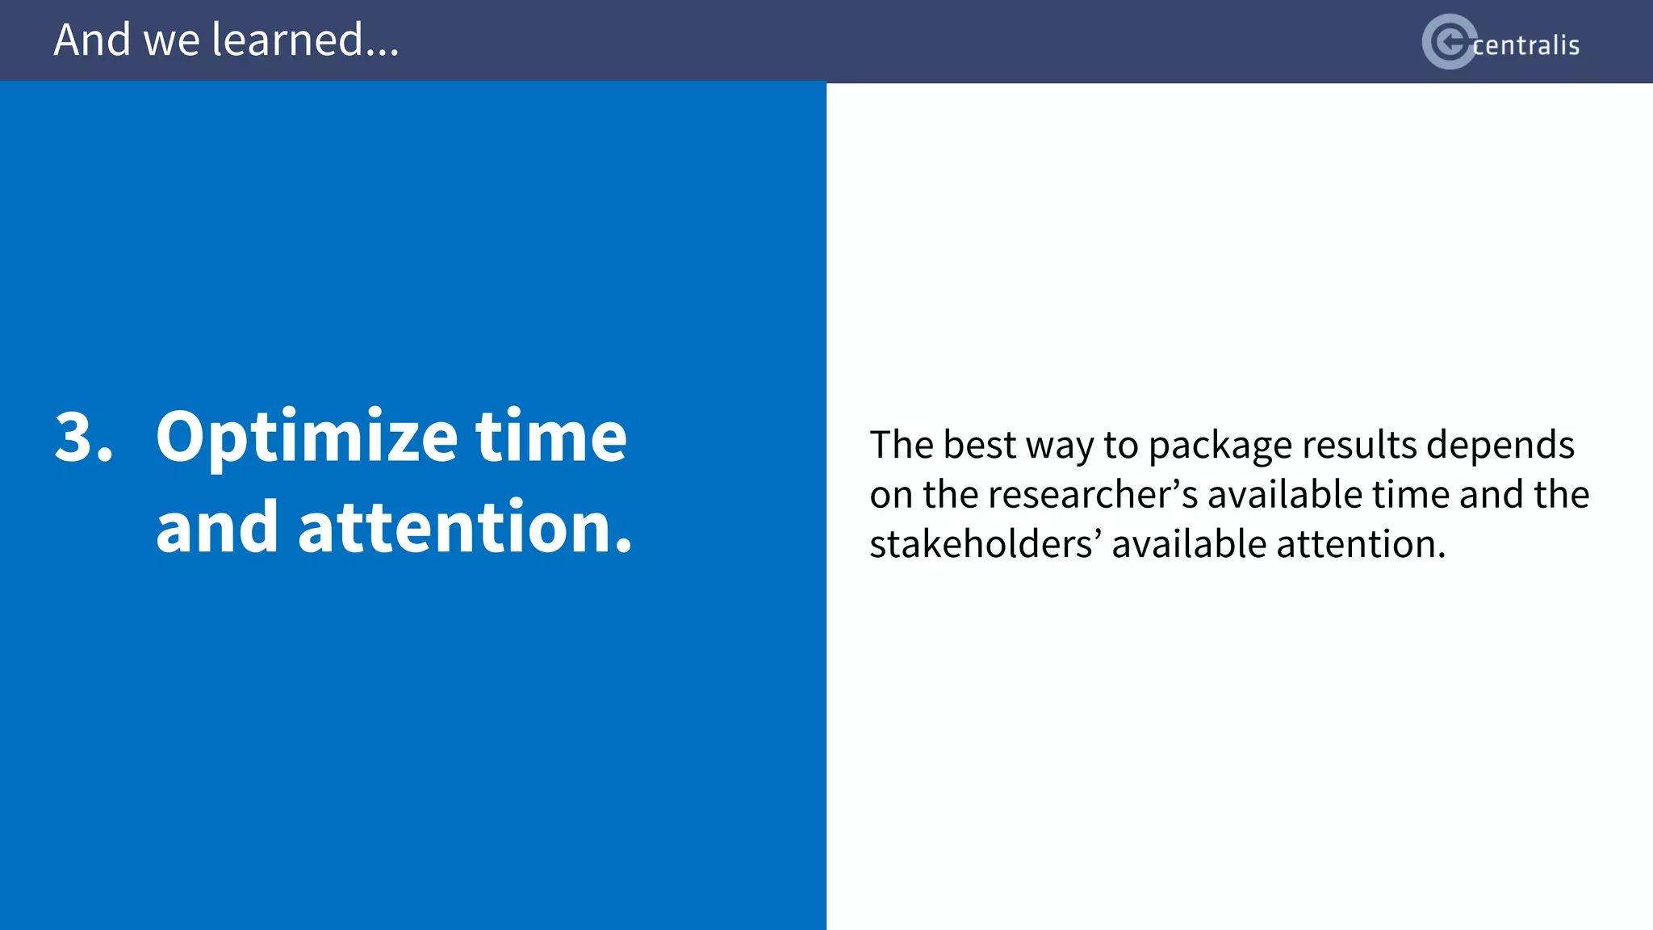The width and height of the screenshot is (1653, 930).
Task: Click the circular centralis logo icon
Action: tap(1449, 42)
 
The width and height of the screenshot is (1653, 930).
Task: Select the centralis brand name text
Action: tap(1525, 45)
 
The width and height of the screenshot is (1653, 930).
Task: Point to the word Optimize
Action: tap(307, 437)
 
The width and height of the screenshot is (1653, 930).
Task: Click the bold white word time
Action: tap(550, 437)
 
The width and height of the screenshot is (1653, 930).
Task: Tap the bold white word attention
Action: tap(464, 527)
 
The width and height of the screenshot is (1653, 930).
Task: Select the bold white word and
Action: tap(216, 527)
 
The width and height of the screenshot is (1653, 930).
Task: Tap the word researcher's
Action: tap(1093, 494)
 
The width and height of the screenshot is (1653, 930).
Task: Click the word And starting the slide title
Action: tap(91, 40)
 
